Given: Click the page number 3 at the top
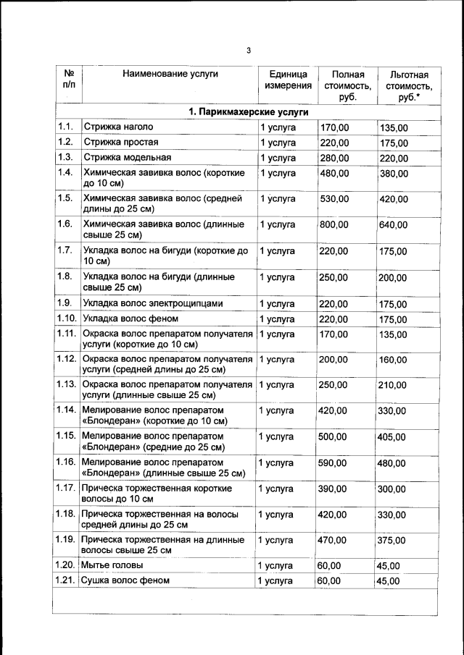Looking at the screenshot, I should coord(248,51).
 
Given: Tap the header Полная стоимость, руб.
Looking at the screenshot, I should coord(347,86).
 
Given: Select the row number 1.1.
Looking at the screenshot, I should coord(65,127).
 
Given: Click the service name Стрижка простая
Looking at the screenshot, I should coord(120,142).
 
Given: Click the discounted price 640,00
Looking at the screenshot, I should coord(394,225).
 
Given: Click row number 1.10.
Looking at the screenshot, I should coord(67,318).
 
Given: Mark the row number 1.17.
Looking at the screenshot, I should coord(66,489).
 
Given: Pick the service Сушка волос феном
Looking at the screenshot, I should coord(125,580).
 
